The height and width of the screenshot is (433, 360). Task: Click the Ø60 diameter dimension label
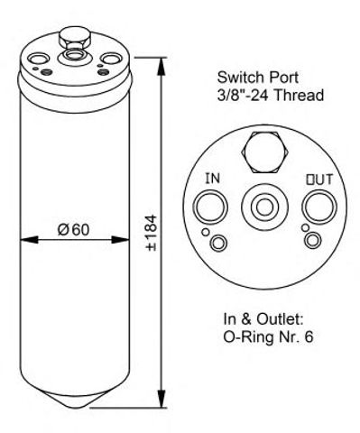(x=73, y=230)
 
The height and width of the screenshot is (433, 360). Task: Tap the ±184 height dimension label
(x=152, y=233)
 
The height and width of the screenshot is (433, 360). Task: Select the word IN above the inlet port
(x=213, y=179)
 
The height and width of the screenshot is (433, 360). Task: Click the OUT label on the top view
(x=319, y=180)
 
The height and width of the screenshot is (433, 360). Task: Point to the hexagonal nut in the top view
(x=265, y=152)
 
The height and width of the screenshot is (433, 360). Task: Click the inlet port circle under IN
(x=210, y=207)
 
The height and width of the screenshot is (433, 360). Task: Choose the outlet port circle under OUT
(x=319, y=207)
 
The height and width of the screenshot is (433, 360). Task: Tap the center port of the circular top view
(x=264, y=207)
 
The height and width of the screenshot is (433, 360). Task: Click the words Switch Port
(x=258, y=78)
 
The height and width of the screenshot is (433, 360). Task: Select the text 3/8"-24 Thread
(x=271, y=96)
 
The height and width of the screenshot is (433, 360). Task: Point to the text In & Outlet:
(x=263, y=319)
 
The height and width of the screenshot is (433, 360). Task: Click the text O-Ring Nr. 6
(x=268, y=337)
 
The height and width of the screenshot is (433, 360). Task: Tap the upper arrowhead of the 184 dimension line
(x=162, y=66)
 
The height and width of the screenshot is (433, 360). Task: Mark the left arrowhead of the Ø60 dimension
(x=29, y=240)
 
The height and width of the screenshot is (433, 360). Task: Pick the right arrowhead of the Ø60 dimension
(x=120, y=240)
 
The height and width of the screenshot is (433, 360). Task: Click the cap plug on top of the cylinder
(x=74, y=37)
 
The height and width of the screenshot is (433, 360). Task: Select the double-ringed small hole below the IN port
(x=218, y=243)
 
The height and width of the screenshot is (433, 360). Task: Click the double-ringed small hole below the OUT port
(x=313, y=240)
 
